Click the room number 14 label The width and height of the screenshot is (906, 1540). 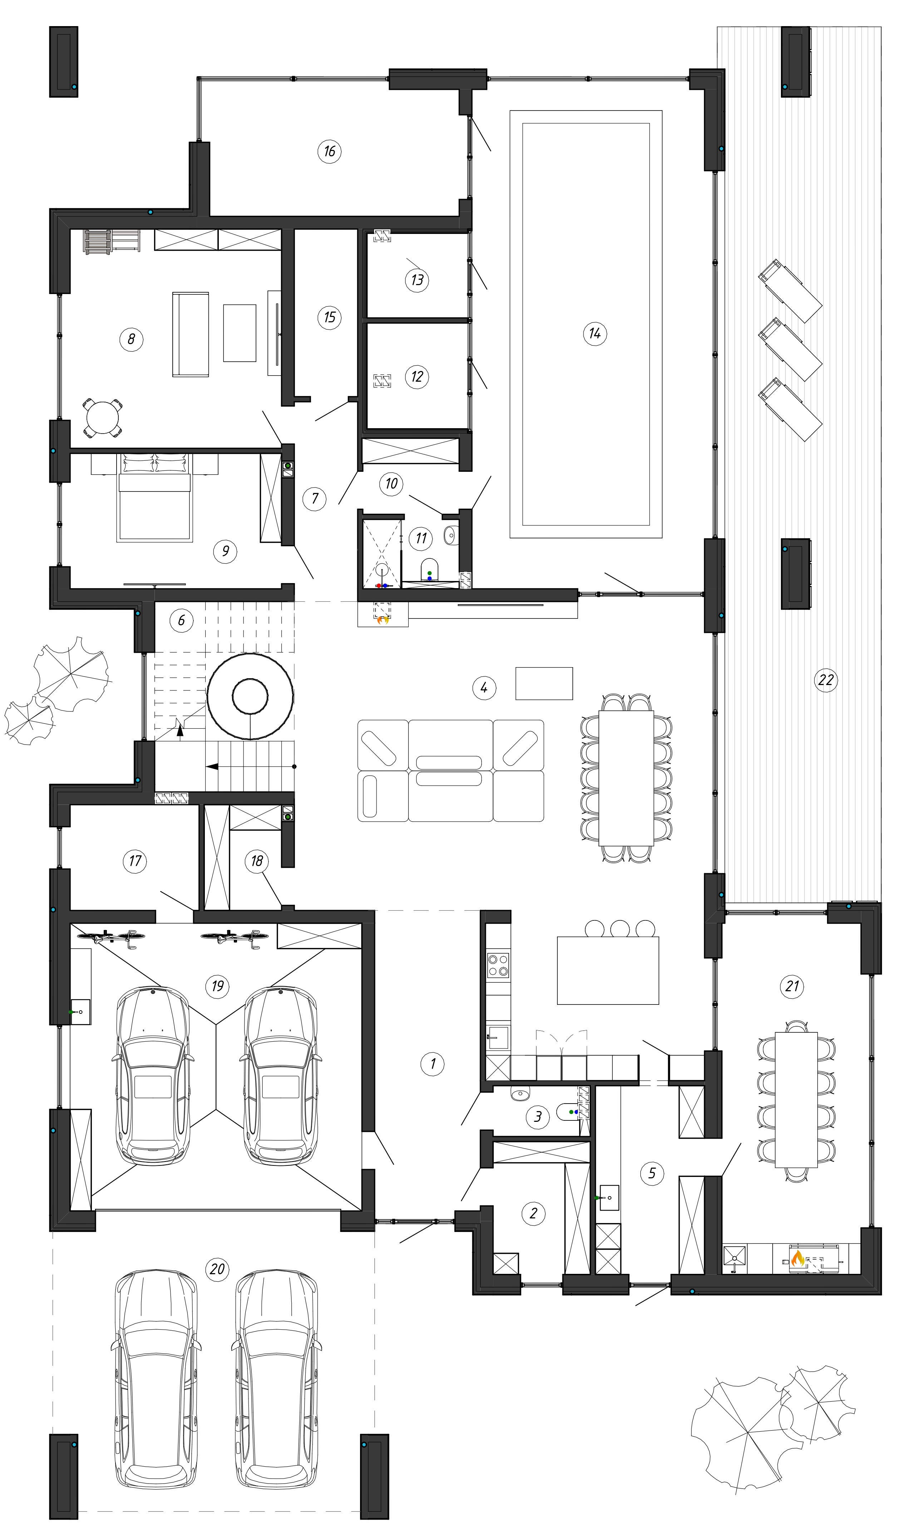595,334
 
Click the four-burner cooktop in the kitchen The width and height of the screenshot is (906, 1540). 498,965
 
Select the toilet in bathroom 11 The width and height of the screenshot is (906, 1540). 429,568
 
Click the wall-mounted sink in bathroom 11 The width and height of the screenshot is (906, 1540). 451,535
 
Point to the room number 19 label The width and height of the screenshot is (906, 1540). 217,986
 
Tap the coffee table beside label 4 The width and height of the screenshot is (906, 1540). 544,683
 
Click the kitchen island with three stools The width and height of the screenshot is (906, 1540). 608,971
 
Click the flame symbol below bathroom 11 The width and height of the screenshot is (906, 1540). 383,620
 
